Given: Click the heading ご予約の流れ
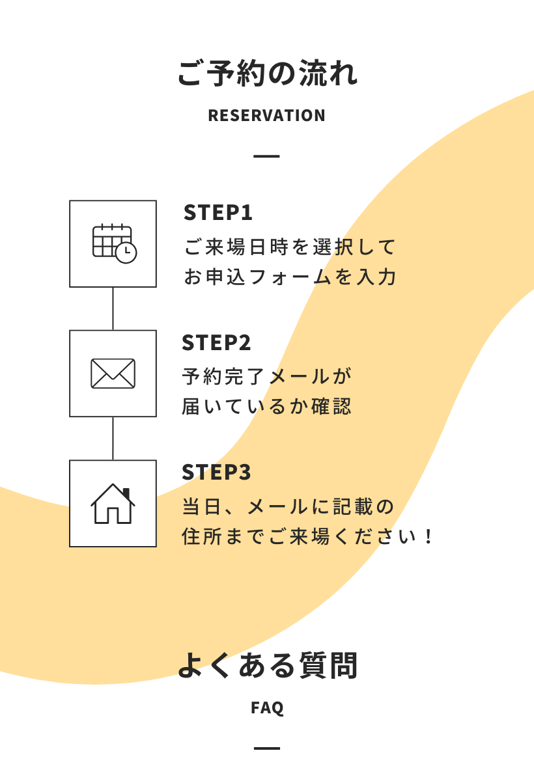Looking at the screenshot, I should point(267,74).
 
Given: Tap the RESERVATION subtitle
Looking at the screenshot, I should point(267,116).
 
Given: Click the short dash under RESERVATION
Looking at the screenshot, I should point(267,156).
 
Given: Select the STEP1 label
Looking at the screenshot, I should point(218,213).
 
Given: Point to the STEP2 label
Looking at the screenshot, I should point(217,342).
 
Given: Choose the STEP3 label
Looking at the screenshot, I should point(217,473).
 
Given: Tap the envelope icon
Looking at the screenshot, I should point(113,374).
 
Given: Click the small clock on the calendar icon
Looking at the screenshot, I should point(126,253).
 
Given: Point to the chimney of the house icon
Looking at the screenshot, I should point(126,493).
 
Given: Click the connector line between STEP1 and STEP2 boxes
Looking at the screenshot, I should point(113,308).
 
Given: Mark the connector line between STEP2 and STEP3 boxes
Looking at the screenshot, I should point(113,439).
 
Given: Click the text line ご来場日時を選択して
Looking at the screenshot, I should point(290,247).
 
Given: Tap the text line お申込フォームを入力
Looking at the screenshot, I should point(290,277).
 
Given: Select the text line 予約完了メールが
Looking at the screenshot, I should point(267,377).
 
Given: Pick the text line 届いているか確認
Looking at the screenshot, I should point(267,407).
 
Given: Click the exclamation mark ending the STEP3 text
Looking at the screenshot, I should point(428,537).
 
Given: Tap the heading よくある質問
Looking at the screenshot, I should point(267,666).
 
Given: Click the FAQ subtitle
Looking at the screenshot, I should point(267,707).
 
